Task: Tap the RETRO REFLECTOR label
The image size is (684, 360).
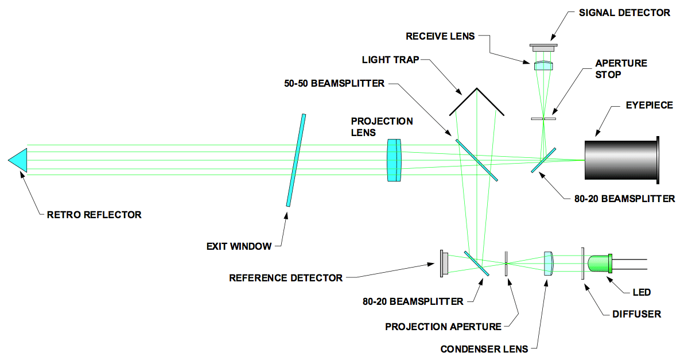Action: click(x=94, y=215)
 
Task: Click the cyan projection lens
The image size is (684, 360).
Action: click(x=394, y=161)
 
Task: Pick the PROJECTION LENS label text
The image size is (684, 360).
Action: click(x=382, y=127)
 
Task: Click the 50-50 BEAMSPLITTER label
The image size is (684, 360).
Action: click(x=334, y=84)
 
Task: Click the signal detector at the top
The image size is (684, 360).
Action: click(x=543, y=48)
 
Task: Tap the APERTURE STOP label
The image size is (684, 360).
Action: click(x=621, y=69)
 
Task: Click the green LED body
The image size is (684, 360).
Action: click(x=600, y=264)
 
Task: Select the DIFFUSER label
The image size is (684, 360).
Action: click(x=636, y=314)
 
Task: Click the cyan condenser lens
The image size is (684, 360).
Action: click(x=549, y=264)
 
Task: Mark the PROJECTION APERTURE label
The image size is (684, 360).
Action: click(x=443, y=327)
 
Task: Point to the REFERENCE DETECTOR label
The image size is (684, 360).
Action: click(x=285, y=278)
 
